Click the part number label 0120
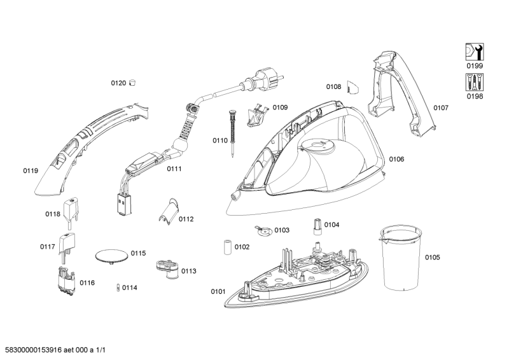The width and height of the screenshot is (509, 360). (118, 83)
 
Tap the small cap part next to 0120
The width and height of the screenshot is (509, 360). (133, 82)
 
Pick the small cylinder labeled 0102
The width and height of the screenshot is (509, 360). (227, 247)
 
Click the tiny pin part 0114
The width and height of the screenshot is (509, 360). (117, 287)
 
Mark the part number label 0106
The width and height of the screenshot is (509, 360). (396, 159)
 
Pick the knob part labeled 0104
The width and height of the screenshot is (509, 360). (315, 225)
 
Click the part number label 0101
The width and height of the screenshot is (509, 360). (218, 292)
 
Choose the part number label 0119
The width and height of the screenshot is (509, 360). (31, 170)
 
